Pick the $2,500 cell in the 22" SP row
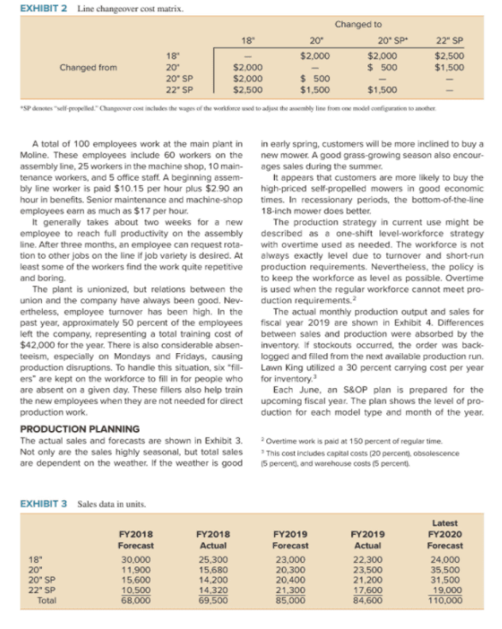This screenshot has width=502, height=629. [248, 88]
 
